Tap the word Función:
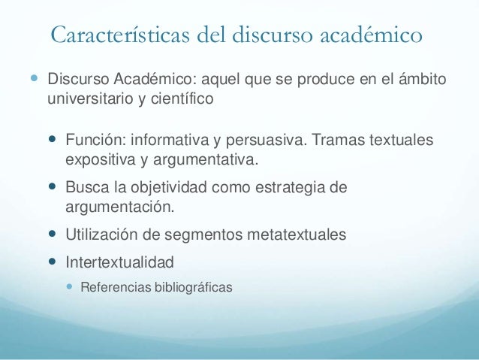coord(95,141)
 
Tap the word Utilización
coord(101,234)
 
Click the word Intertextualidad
coord(119,262)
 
